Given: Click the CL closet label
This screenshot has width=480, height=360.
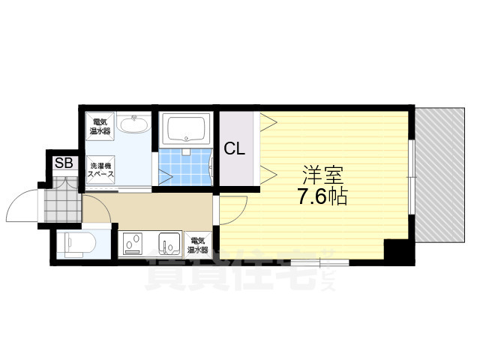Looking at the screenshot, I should (235, 148).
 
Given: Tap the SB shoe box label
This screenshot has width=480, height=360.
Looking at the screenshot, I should (63, 163).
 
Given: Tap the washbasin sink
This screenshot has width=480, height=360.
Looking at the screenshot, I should (136, 124).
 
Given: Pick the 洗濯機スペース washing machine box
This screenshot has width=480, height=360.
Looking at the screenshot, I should (99, 169).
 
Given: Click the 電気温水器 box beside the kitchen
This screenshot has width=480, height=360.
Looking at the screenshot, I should (199, 244).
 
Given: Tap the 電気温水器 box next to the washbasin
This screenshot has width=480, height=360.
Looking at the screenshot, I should (99, 125).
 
